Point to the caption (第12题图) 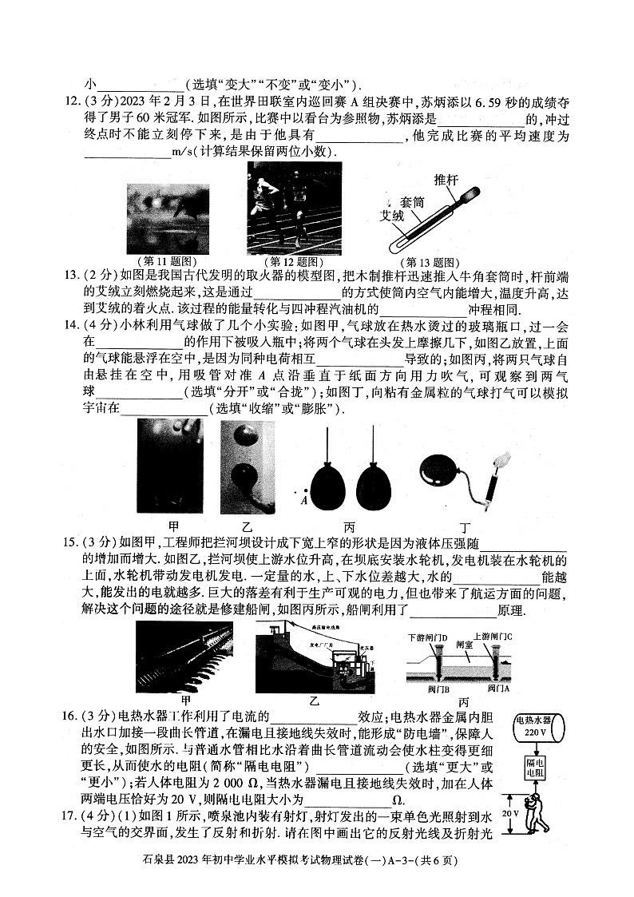[x=295, y=261]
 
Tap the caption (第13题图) [x=428, y=261]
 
